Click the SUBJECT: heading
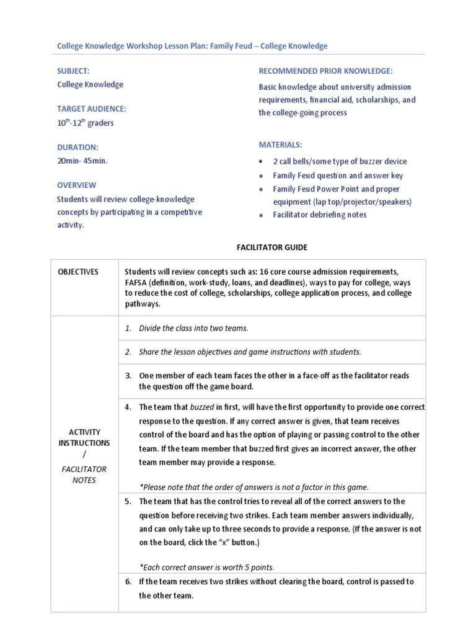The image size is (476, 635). click(x=74, y=71)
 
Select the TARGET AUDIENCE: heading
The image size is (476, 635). click(x=91, y=109)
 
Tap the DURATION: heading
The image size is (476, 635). click(x=77, y=147)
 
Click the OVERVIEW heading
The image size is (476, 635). click(x=77, y=185)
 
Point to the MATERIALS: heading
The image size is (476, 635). click(x=280, y=144)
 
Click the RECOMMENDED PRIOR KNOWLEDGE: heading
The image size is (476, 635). click(x=325, y=71)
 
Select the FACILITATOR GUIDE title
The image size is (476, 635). click(x=271, y=247)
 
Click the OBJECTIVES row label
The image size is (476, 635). click(x=78, y=272)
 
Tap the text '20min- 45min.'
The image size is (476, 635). click(x=82, y=161)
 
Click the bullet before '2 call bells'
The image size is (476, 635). click(x=262, y=162)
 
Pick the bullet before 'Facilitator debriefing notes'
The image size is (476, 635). click(x=262, y=215)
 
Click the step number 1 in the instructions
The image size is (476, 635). click(x=128, y=328)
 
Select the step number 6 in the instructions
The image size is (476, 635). click(x=128, y=582)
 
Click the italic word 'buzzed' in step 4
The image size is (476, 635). click(x=202, y=407)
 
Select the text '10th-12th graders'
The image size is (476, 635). click(x=86, y=123)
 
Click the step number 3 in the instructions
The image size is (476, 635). click(x=128, y=375)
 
